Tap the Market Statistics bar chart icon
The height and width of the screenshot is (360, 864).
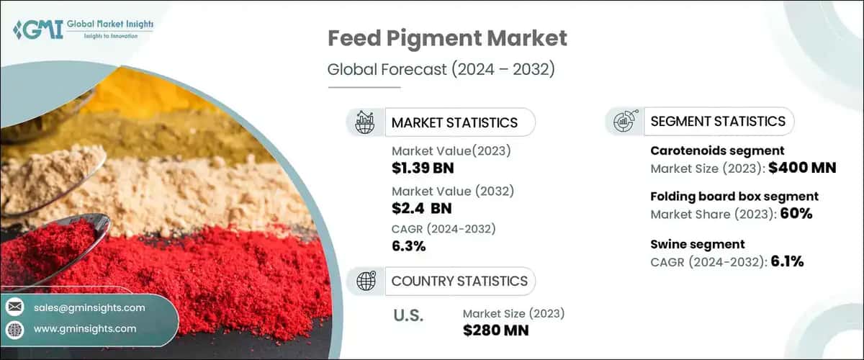tap(365, 122)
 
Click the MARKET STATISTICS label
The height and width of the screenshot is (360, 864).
tap(454, 122)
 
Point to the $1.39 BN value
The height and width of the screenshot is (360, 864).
tap(423, 169)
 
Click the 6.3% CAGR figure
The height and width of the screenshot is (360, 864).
tap(409, 246)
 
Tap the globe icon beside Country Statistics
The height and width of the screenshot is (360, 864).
tap(366, 281)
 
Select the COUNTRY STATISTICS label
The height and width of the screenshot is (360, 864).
tap(459, 281)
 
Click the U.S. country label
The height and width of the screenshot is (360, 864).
tap(408, 315)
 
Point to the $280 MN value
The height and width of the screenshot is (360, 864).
tap(496, 330)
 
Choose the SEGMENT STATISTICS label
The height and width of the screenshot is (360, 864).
tap(718, 122)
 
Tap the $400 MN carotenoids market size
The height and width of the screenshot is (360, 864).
tap(801, 169)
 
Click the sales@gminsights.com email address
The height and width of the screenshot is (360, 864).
tap(89, 307)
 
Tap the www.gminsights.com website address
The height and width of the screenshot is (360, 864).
tap(85, 328)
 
